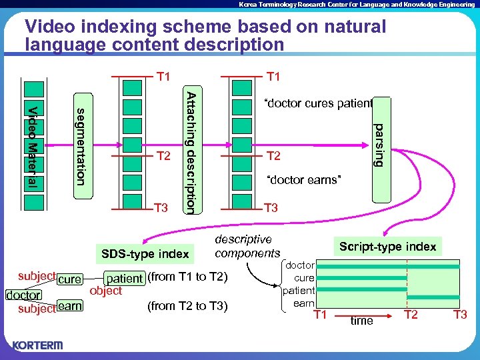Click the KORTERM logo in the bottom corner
(37, 345)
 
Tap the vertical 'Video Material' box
(33, 145)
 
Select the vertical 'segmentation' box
(81, 145)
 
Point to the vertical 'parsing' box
(378, 144)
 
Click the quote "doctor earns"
(303, 180)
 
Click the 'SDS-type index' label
(145, 254)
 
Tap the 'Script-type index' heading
(387, 246)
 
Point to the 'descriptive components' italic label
(247, 246)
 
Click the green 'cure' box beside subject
(69, 279)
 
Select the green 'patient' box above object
(125, 279)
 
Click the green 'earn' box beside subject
(69, 306)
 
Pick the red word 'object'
(105, 291)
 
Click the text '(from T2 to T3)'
(186, 306)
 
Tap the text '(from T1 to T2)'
(187, 277)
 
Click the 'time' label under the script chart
(362, 321)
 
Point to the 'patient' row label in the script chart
(299, 291)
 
